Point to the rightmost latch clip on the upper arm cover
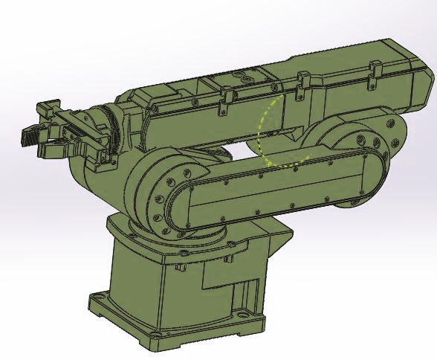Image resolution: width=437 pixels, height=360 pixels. click(374, 68)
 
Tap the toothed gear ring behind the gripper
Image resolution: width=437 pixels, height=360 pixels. click(111, 126)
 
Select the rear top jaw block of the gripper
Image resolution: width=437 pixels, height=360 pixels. click(49, 110)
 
